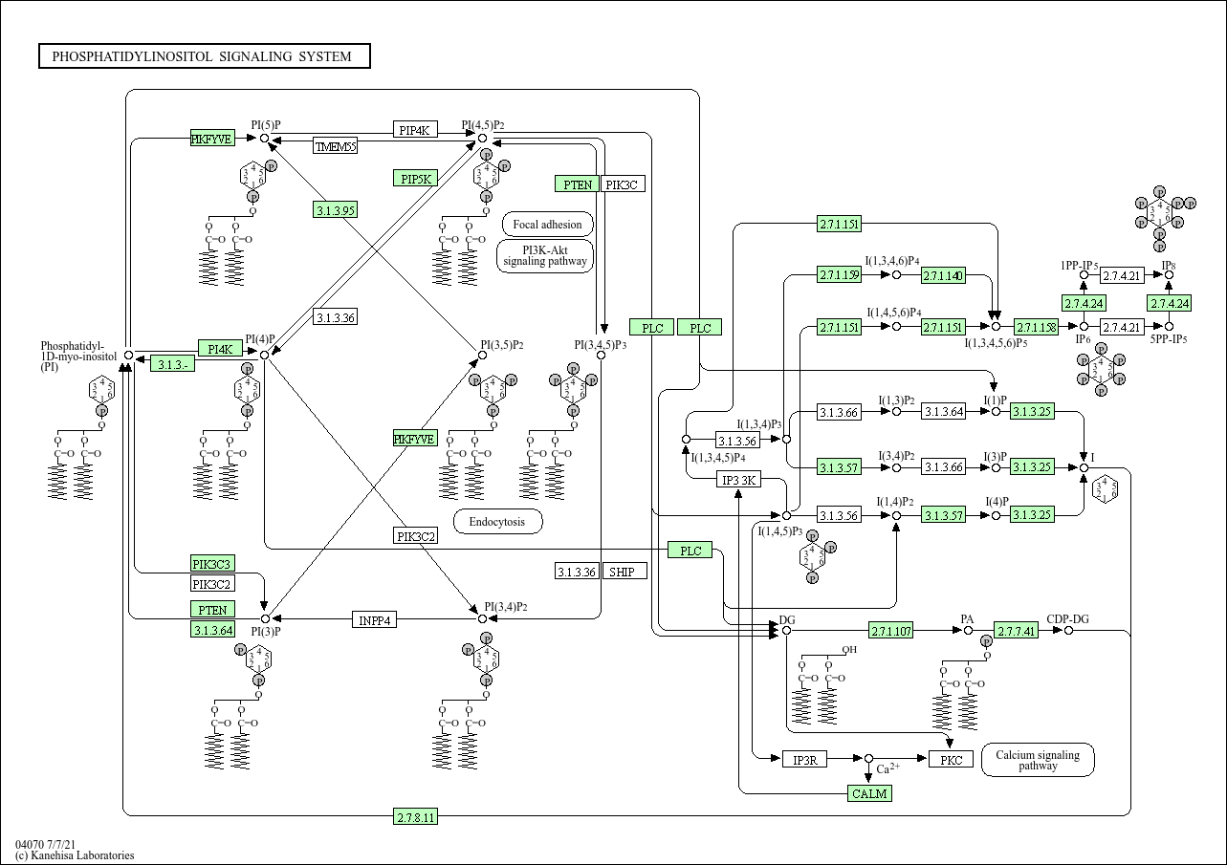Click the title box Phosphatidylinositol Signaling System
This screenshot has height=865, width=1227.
[x=204, y=56]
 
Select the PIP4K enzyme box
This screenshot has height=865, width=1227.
[x=414, y=130]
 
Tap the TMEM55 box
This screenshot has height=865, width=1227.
[x=336, y=146]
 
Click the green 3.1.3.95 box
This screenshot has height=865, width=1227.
[x=335, y=210]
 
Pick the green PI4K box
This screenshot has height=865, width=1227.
[x=220, y=348]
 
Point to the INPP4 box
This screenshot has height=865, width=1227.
[x=375, y=619]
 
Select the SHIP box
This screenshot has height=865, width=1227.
[x=625, y=572]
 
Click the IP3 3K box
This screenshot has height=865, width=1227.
[x=739, y=480]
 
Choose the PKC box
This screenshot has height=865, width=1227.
[x=951, y=760]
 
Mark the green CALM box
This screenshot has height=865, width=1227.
[x=869, y=793]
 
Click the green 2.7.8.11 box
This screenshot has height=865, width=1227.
[x=416, y=816]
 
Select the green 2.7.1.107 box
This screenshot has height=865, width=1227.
[x=891, y=631]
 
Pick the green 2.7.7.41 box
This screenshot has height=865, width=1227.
[x=1016, y=631]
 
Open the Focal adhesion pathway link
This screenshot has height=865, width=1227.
[x=547, y=225]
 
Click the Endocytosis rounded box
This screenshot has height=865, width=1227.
[x=497, y=522]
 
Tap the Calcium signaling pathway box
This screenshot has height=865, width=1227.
[x=1038, y=760]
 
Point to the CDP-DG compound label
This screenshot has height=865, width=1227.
[x=1067, y=619]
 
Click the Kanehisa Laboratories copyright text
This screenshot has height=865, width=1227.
[x=75, y=855]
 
